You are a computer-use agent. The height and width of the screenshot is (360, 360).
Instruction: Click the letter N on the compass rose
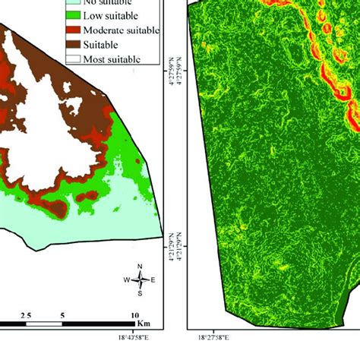click(x=140, y=266)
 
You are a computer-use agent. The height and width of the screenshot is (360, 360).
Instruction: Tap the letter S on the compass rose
click(x=140, y=293)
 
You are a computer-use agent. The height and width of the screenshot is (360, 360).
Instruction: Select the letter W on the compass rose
click(x=127, y=279)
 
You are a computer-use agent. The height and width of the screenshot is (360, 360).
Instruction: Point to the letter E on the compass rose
click(x=153, y=279)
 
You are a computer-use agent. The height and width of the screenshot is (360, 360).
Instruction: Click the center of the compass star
click(x=140, y=279)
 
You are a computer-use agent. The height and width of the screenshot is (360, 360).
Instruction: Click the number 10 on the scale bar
click(x=134, y=314)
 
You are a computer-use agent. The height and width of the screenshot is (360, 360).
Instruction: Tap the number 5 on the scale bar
click(x=62, y=314)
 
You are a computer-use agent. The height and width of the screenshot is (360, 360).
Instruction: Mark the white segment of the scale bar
click(x=44, y=324)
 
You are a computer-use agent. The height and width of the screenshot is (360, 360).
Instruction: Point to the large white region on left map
click(x=46, y=114)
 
